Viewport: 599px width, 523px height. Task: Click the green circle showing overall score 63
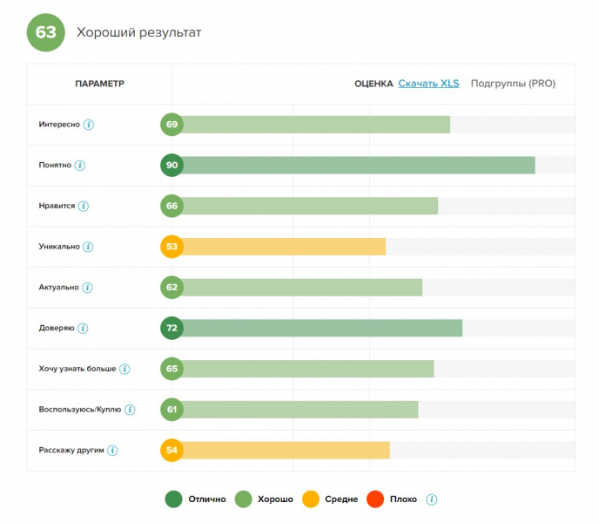46,33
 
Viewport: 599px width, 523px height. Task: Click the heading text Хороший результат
139,33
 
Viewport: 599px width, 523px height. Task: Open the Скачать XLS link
428,84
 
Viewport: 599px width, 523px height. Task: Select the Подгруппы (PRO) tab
513,84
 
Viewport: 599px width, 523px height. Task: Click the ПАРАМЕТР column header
100,84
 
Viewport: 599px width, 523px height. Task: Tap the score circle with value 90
172,166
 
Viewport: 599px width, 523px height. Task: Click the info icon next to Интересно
89,125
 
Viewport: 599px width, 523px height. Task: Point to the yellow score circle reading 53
172,247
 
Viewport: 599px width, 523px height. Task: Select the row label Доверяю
57,328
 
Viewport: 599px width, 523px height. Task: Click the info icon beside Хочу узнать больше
125,369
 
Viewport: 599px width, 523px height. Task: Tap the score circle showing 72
172,328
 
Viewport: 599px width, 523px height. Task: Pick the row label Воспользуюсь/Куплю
80,409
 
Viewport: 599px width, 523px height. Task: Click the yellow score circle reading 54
172,450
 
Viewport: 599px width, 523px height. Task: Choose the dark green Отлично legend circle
173,499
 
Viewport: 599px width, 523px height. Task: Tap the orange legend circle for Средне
309,499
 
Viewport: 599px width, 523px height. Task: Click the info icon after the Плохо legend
432,499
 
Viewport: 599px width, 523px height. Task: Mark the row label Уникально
59,247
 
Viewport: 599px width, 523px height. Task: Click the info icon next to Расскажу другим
112,450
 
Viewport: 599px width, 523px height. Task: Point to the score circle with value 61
172,409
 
